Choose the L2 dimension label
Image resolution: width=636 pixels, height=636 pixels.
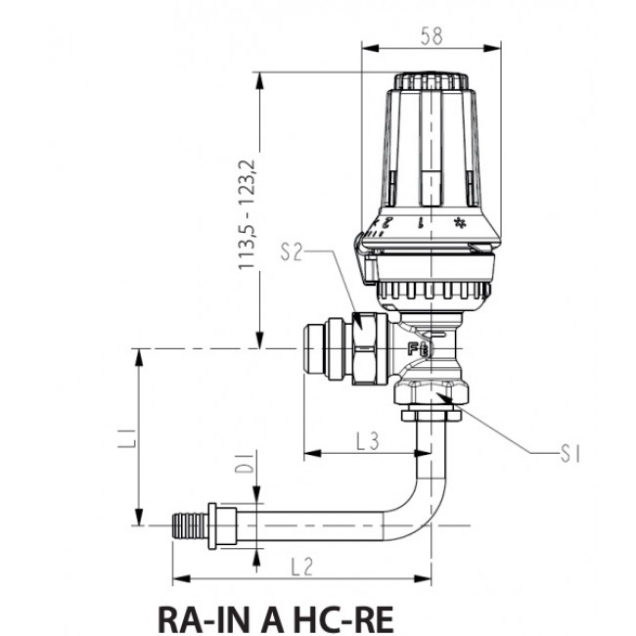tap(300, 566)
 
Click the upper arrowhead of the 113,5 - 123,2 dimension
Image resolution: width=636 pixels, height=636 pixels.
tap(261, 79)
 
